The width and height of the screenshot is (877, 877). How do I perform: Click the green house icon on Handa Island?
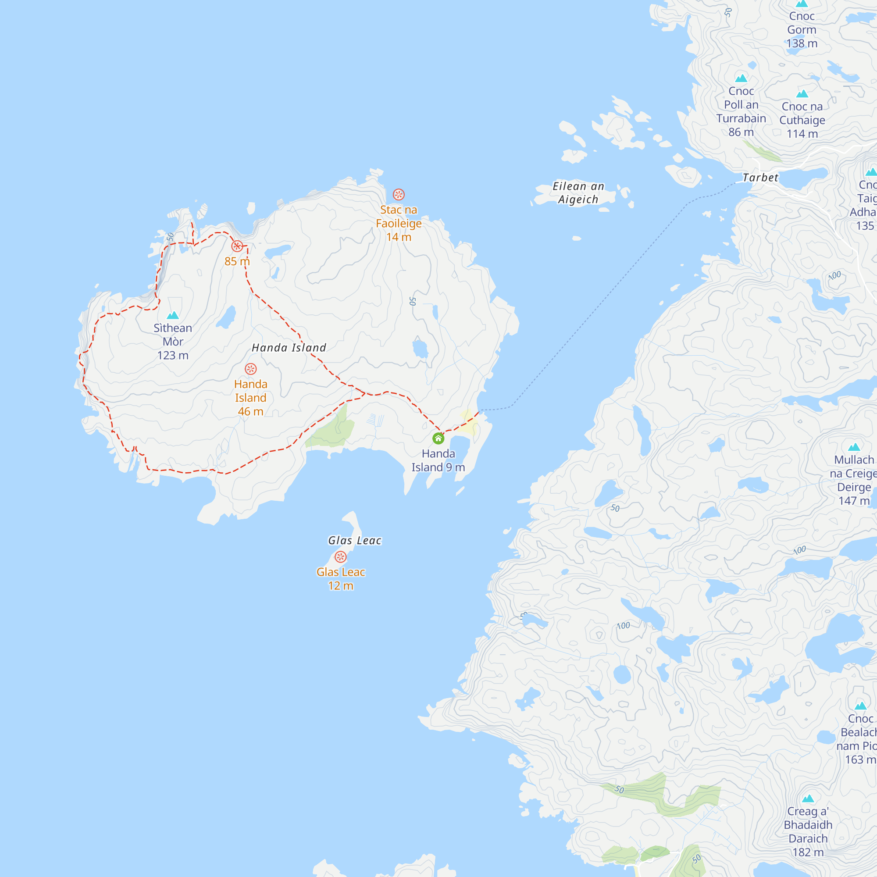(438, 438)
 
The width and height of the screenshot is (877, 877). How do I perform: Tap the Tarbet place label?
(760, 178)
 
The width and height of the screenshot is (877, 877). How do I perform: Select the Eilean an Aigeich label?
(578, 193)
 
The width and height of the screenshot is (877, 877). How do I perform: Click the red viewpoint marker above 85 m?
(237, 246)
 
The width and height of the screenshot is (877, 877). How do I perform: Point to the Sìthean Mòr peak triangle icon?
(172, 315)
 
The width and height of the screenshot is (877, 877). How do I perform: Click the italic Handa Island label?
(289, 348)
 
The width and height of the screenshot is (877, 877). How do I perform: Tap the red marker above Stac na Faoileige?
(399, 194)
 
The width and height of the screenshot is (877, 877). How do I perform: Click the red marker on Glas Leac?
(340, 556)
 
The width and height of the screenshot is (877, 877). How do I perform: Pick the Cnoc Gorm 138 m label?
(802, 30)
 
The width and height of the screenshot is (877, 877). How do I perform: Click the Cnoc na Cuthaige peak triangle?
(802, 93)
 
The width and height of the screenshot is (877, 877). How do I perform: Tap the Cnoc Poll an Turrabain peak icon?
(741, 78)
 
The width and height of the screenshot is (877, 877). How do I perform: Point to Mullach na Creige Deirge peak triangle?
(854, 447)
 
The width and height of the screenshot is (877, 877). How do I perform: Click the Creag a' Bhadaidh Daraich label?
(808, 831)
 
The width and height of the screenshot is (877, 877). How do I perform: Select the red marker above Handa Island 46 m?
(250, 369)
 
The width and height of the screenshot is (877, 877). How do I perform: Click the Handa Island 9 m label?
(438, 460)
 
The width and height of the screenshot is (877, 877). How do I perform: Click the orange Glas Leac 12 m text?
(340, 579)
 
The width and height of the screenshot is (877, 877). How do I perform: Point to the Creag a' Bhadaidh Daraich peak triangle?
(808, 799)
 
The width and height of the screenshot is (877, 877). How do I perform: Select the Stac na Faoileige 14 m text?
(399, 223)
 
